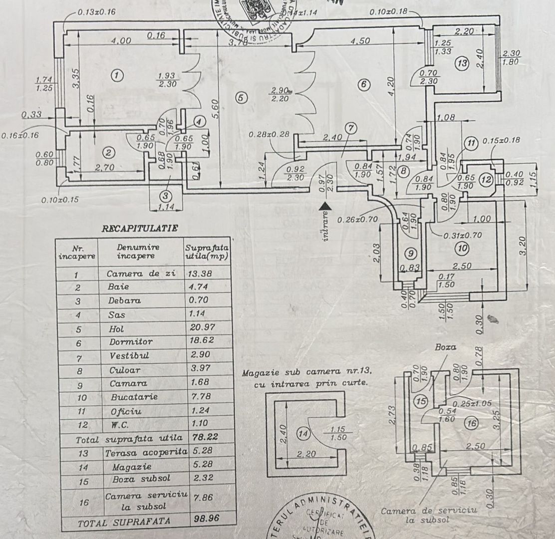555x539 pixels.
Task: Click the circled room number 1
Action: tap(116, 76)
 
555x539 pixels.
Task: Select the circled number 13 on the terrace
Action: tap(462, 63)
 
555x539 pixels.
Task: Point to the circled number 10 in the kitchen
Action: tap(462, 247)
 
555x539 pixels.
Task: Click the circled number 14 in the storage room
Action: tap(303, 434)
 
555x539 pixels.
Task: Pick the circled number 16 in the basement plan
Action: tap(471, 424)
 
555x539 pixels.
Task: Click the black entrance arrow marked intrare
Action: tap(326, 205)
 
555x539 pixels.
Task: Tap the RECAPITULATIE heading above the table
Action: tap(140, 229)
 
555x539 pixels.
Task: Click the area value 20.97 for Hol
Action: tap(198, 329)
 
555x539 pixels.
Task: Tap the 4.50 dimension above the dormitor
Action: tap(359, 41)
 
